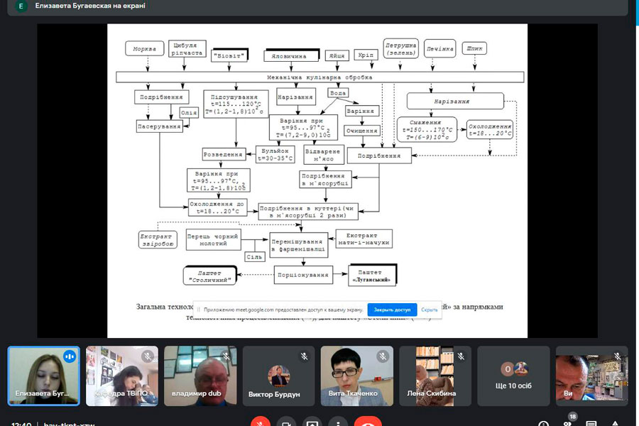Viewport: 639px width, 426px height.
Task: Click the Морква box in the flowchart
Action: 144,49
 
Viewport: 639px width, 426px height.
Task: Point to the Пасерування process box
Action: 159,126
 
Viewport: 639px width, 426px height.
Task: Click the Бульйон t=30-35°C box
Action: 273,155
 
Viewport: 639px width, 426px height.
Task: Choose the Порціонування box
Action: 304,274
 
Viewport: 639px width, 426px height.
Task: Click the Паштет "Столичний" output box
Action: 211,275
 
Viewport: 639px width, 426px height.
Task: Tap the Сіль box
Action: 255,256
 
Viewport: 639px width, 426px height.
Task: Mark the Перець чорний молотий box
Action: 213,239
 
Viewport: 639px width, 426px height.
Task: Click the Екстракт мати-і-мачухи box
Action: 364,239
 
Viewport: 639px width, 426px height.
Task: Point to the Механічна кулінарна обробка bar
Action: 319,77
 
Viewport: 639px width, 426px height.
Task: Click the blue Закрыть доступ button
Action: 392,310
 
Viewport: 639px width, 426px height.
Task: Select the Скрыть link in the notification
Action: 429,310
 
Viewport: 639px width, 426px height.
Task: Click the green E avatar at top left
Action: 21,6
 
